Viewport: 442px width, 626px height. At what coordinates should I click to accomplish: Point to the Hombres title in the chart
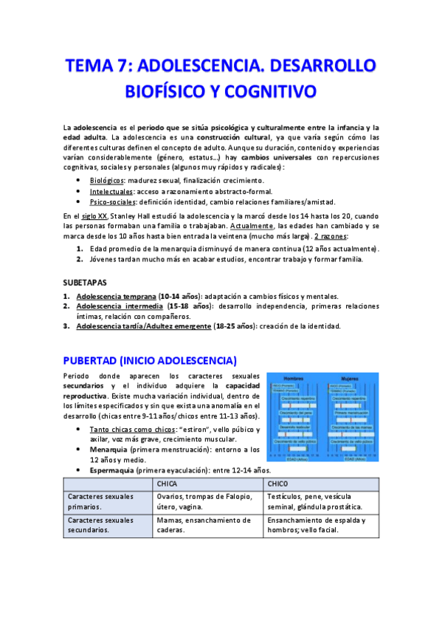295,379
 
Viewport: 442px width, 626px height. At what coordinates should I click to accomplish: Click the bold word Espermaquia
111,470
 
